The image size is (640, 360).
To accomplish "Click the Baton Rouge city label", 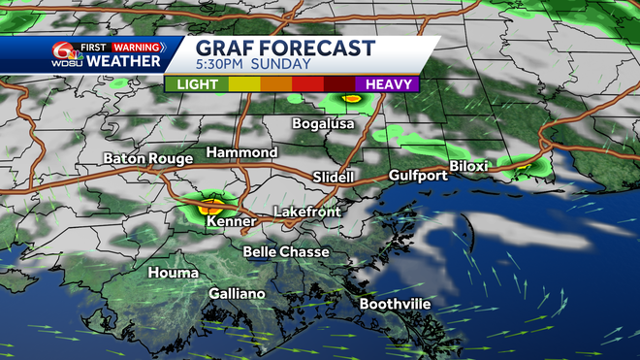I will coord(146,157).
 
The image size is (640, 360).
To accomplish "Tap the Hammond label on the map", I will coord(241,152).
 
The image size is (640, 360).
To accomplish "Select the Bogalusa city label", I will coord(324,123).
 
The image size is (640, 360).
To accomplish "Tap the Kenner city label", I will coord(231,222).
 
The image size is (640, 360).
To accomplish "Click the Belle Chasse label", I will coord(286,252).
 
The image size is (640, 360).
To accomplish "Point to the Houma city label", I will coord(173,274).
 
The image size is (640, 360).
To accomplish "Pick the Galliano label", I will coord(237,294).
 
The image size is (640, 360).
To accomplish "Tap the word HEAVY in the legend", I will coord(390,83).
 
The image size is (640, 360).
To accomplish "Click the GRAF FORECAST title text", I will coord(285,48).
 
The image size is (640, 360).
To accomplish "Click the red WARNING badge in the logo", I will coord(136,45).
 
